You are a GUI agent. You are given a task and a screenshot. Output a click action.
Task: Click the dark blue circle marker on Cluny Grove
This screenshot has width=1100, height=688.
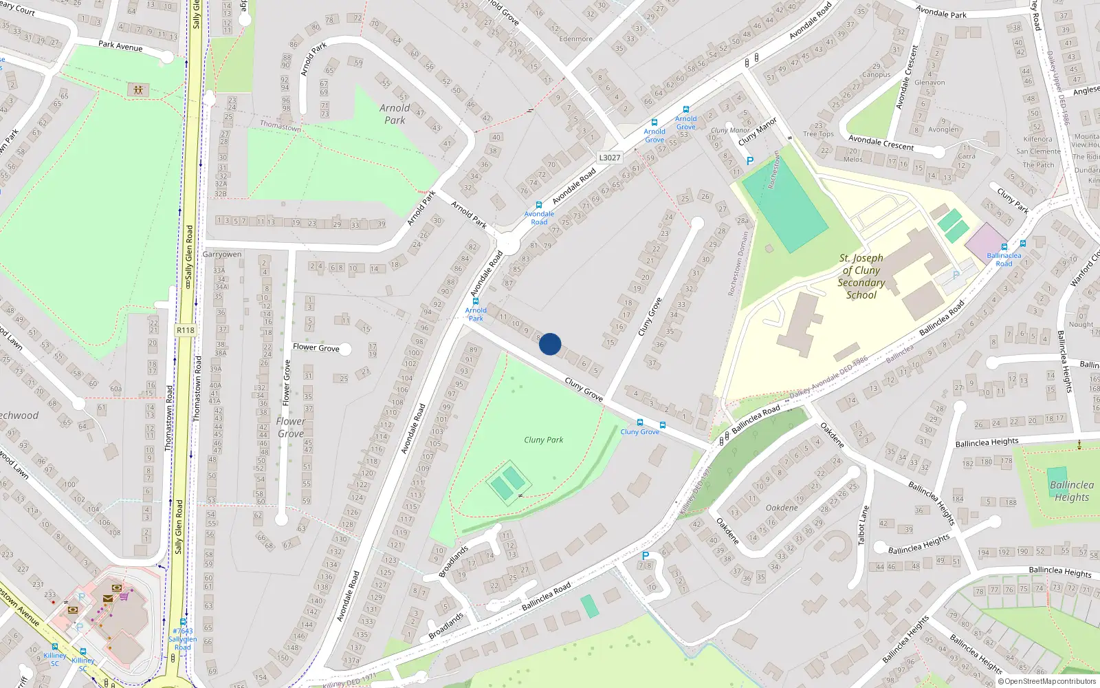pyautogui.click(x=550, y=344)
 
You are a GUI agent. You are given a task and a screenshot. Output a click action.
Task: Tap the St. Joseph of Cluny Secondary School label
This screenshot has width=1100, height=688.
pyautogui.click(x=861, y=277)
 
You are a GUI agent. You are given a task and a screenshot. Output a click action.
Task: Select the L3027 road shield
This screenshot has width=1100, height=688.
pyautogui.click(x=609, y=158)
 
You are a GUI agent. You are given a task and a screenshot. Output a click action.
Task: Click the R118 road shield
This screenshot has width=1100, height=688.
pyautogui.click(x=186, y=330)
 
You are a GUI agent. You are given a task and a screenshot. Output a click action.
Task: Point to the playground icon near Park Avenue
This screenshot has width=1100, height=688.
pyautogui.click(x=138, y=90)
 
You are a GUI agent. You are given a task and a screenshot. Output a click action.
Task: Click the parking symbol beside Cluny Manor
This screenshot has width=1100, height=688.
pyautogui.click(x=750, y=161)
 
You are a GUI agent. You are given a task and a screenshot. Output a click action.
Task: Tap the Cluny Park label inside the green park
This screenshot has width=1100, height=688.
pyautogui.click(x=543, y=440)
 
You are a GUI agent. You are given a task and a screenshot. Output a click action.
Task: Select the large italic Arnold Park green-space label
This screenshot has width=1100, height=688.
pyautogui.click(x=395, y=114)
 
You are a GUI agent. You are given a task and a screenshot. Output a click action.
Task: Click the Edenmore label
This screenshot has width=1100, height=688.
pyautogui.click(x=575, y=39)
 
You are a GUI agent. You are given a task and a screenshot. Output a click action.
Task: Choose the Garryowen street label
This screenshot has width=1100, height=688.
pyautogui.click(x=222, y=255)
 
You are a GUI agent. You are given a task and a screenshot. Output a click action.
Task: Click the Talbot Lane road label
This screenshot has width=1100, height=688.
pyautogui.click(x=863, y=526)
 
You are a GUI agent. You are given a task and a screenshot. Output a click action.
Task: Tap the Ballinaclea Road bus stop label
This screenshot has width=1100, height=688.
pyautogui.click(x=1004, y=259)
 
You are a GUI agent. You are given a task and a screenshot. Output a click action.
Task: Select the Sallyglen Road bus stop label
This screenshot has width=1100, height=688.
pyautogui.click(x=182, y=639)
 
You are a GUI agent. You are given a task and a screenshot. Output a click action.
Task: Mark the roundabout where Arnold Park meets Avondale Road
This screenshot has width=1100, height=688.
pyautogui.click(x=508, y=243)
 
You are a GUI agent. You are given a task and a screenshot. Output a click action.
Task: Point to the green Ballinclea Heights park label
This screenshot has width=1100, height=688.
pyautogui.click(x=1071, y=491)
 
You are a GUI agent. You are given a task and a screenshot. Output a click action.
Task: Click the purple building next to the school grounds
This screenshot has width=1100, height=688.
pyautogui.click(x=984, y=241)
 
